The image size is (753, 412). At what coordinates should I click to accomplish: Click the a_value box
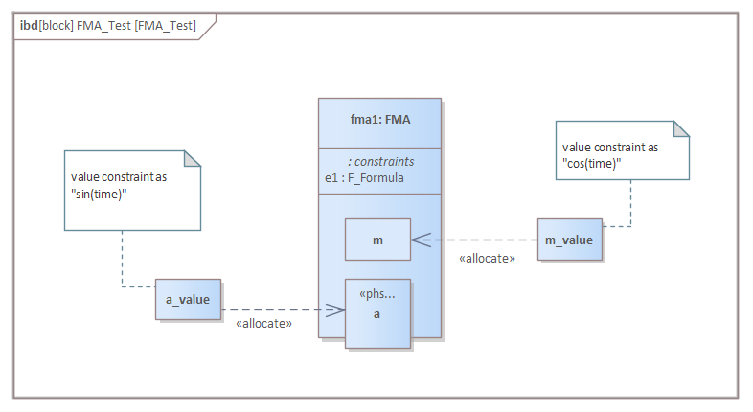pyautogui.click(x=188, y=300)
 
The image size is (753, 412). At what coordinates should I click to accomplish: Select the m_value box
pyautogui.click(x=569, y=240)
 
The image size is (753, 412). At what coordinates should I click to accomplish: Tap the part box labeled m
pyautogui.click(x=377, y=240)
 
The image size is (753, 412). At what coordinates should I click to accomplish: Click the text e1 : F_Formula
pyautogui.click(x=364, y=177)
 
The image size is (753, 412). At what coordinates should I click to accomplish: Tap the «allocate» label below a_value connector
pyautogui.click(x=263, y=325)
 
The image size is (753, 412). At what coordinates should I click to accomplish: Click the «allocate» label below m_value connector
pyautogui.click(x=488, y=258)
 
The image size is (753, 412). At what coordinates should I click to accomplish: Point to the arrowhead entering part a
pyautogui.click(x=336, y=309)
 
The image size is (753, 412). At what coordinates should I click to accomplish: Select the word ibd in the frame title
pyautogui.click(x=29, y=25)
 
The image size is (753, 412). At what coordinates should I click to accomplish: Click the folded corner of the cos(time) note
pyautogui.click(x=681, y=128)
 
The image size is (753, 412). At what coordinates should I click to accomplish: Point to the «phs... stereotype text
pyautogui.click(x=376, y=293)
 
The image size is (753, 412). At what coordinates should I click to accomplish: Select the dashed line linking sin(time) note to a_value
pyautogui.click(x=123, y=259)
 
